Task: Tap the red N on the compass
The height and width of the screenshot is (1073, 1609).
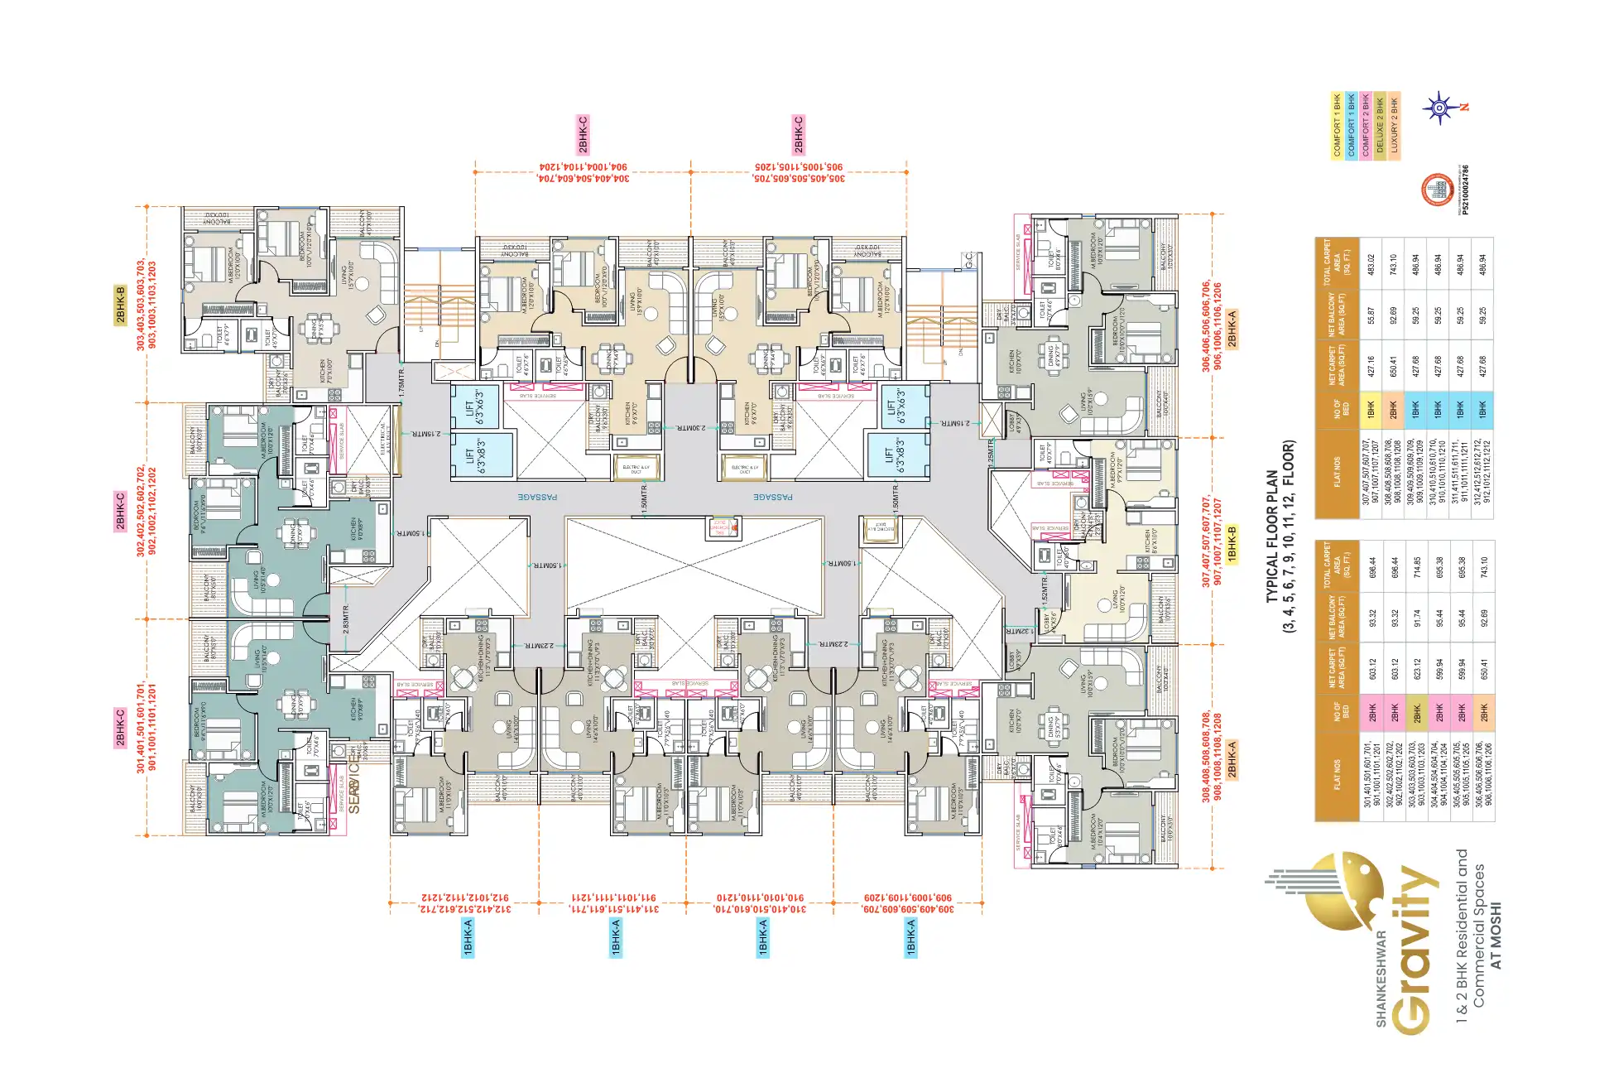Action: pyautogui.click(x=1466, y=107)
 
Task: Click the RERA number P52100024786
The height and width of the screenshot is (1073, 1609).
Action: pyautogui.click(x=1466, y=190)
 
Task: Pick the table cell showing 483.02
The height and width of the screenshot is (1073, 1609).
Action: pyautogui.click(x=1371, y=264)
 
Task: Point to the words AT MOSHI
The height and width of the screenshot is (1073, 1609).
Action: pyautogui.click(x=1495, y=935)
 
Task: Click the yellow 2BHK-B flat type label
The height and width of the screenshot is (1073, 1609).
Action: pyautogui.click(x=121, y=306)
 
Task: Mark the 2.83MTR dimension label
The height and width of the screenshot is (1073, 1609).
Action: pyautogui.click(x=345, y=619)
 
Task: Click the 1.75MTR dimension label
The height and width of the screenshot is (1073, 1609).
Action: pyautogui.click(x=401, y=384)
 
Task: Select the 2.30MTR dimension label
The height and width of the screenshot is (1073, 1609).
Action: pyautogui.click(x=691, y=428)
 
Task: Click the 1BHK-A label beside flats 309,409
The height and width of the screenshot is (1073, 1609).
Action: pyautogui.click(x=911, y=937)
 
